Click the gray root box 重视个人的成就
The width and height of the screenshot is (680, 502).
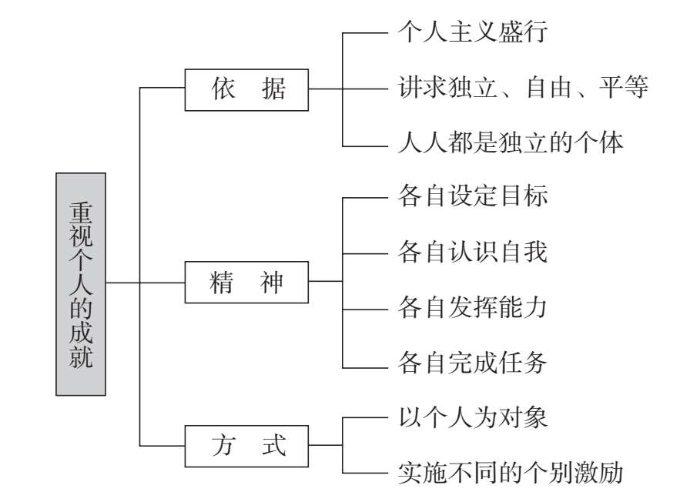(81, 283)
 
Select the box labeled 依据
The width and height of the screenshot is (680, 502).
(246, 90)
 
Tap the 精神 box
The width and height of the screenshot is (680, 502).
(246, 283)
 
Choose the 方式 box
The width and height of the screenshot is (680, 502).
(246, 445)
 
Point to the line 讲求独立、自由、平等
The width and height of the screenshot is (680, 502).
(523, 88)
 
